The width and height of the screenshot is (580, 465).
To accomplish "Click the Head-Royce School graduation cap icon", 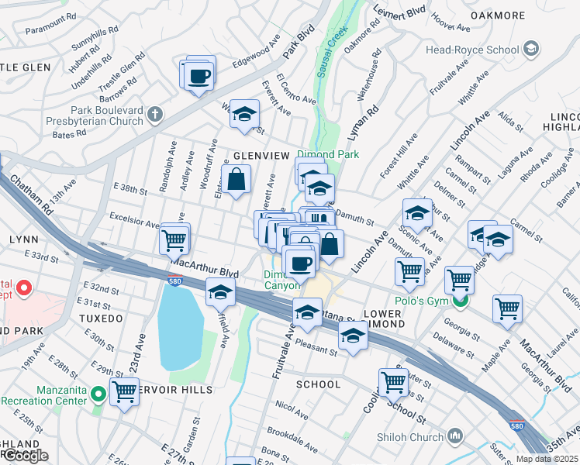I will point(530,50).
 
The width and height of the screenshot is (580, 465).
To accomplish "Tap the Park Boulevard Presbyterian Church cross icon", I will point(154,115).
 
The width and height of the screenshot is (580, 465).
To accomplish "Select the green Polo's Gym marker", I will point(461,300).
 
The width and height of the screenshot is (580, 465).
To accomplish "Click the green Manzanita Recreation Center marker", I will point(98,394).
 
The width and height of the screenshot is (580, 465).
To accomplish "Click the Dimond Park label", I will point(328,154).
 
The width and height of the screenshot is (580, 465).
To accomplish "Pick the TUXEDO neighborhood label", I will point(100,319).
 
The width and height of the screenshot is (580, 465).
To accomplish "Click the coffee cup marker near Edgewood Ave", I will point(199,76).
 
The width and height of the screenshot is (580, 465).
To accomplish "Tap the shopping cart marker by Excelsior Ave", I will point(174,240).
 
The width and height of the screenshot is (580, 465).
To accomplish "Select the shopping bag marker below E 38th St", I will point(236,181).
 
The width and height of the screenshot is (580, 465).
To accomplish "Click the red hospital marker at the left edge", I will point(22,290).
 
